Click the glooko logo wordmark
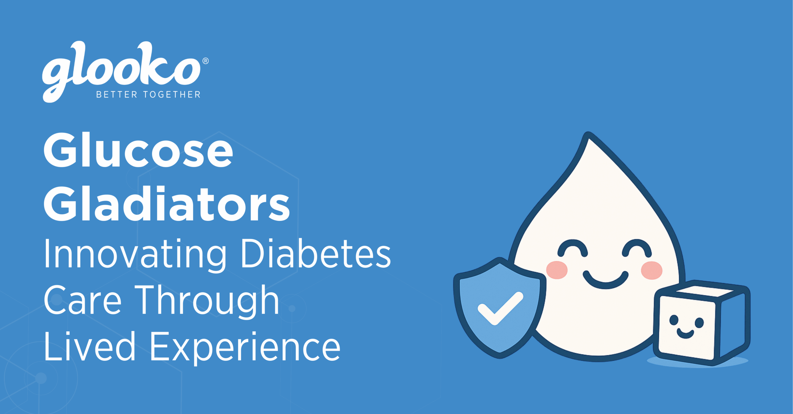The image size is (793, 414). pyautogui.click(x=121, y=70)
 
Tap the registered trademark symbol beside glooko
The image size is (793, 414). pyautogui.click(x=205, y=61)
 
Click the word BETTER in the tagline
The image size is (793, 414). pyautogui.click(x=116, y=94)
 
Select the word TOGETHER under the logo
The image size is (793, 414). pyautogui.click(x=172, y=94)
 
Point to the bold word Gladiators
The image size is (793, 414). pyautogui.click(x=167, y=204)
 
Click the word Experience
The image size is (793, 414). pyautogui.click(x=245, y=347)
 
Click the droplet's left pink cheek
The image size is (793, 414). pyautogui.click(x=557, y=270)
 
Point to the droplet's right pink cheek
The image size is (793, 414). pyautogui.click(x=651, y=270)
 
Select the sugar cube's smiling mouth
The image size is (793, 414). pyautogui.click(x=685, y=334)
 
